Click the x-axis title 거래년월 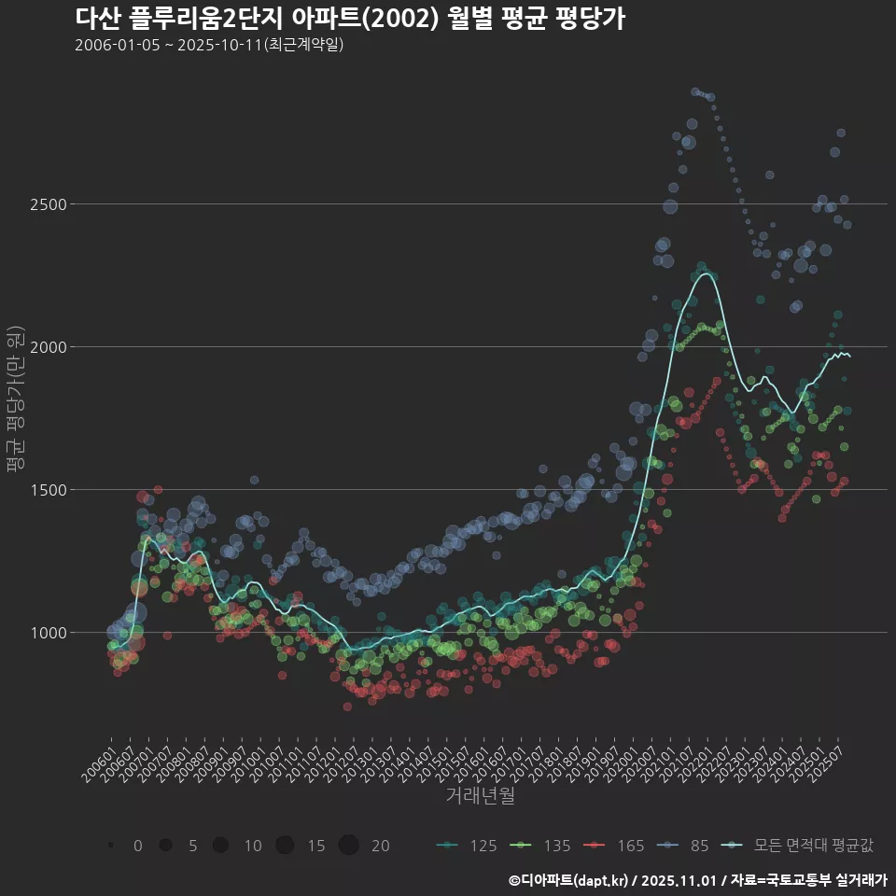tap(480, 796)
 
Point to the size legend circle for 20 tap(349, 846)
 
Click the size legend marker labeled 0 tap(111, 846)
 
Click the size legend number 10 tap(253, 846)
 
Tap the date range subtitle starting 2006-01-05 tap(210, 44)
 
